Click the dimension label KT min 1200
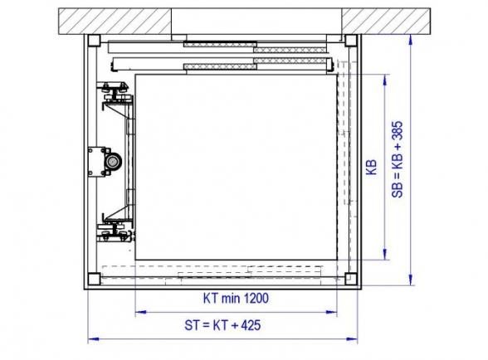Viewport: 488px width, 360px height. pos(236,298)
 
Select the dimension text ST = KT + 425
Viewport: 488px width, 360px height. pos(222,325)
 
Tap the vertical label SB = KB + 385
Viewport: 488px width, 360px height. pos(398,159)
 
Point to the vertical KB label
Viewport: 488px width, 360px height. pos(371,167)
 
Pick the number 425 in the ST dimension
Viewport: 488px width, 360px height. pos(251,325)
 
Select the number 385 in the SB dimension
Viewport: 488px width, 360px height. pos(398,131)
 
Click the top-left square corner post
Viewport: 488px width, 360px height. pos(94,41)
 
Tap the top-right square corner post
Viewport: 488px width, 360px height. pos(351,41)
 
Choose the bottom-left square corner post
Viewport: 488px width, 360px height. pos(94,279)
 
